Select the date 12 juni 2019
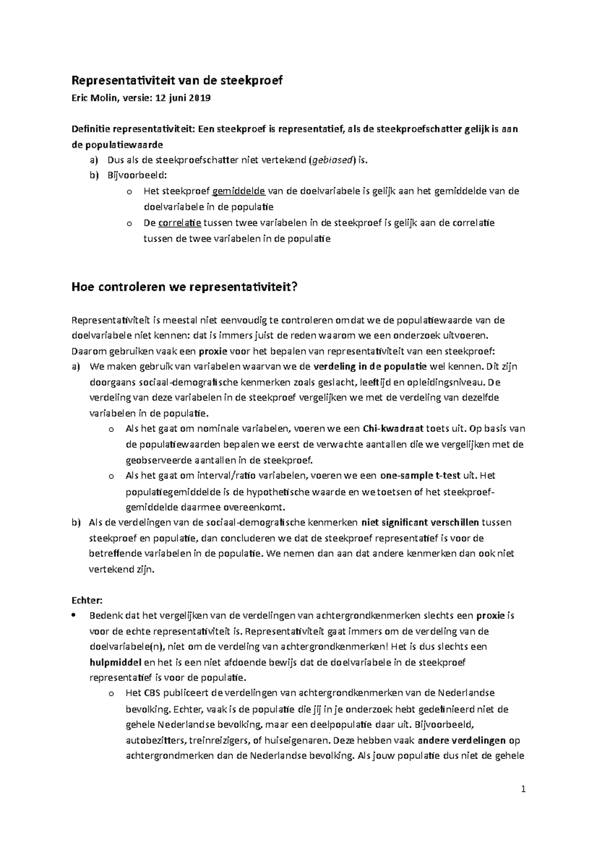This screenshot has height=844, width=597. [183, 98]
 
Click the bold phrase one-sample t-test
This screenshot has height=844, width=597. [420, 476]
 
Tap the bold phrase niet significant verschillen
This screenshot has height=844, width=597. [420, 522]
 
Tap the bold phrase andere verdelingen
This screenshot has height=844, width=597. [462, 740]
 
